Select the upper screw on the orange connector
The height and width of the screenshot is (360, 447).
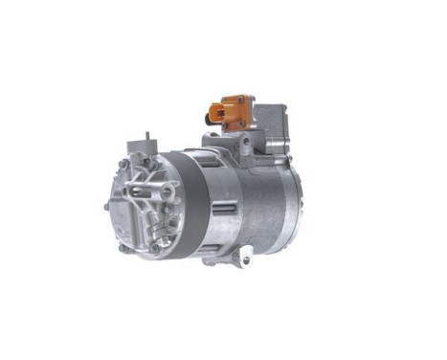click(246, 99)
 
